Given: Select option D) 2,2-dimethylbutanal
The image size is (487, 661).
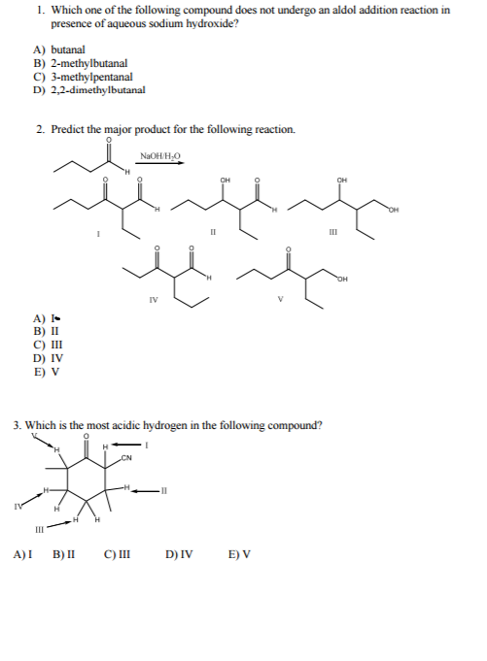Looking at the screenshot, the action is coord(88,89).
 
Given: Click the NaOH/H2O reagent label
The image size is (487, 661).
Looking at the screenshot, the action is coord(159,155).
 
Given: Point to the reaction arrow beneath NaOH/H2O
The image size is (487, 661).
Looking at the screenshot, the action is coord(160,164).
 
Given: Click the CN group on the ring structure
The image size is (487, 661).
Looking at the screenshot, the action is coord(127,457).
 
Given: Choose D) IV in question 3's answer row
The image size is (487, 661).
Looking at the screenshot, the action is coord(179,556).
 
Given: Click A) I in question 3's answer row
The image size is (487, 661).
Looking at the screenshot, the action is coord(22,556).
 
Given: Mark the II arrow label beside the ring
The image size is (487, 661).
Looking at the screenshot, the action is coord(163,490).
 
